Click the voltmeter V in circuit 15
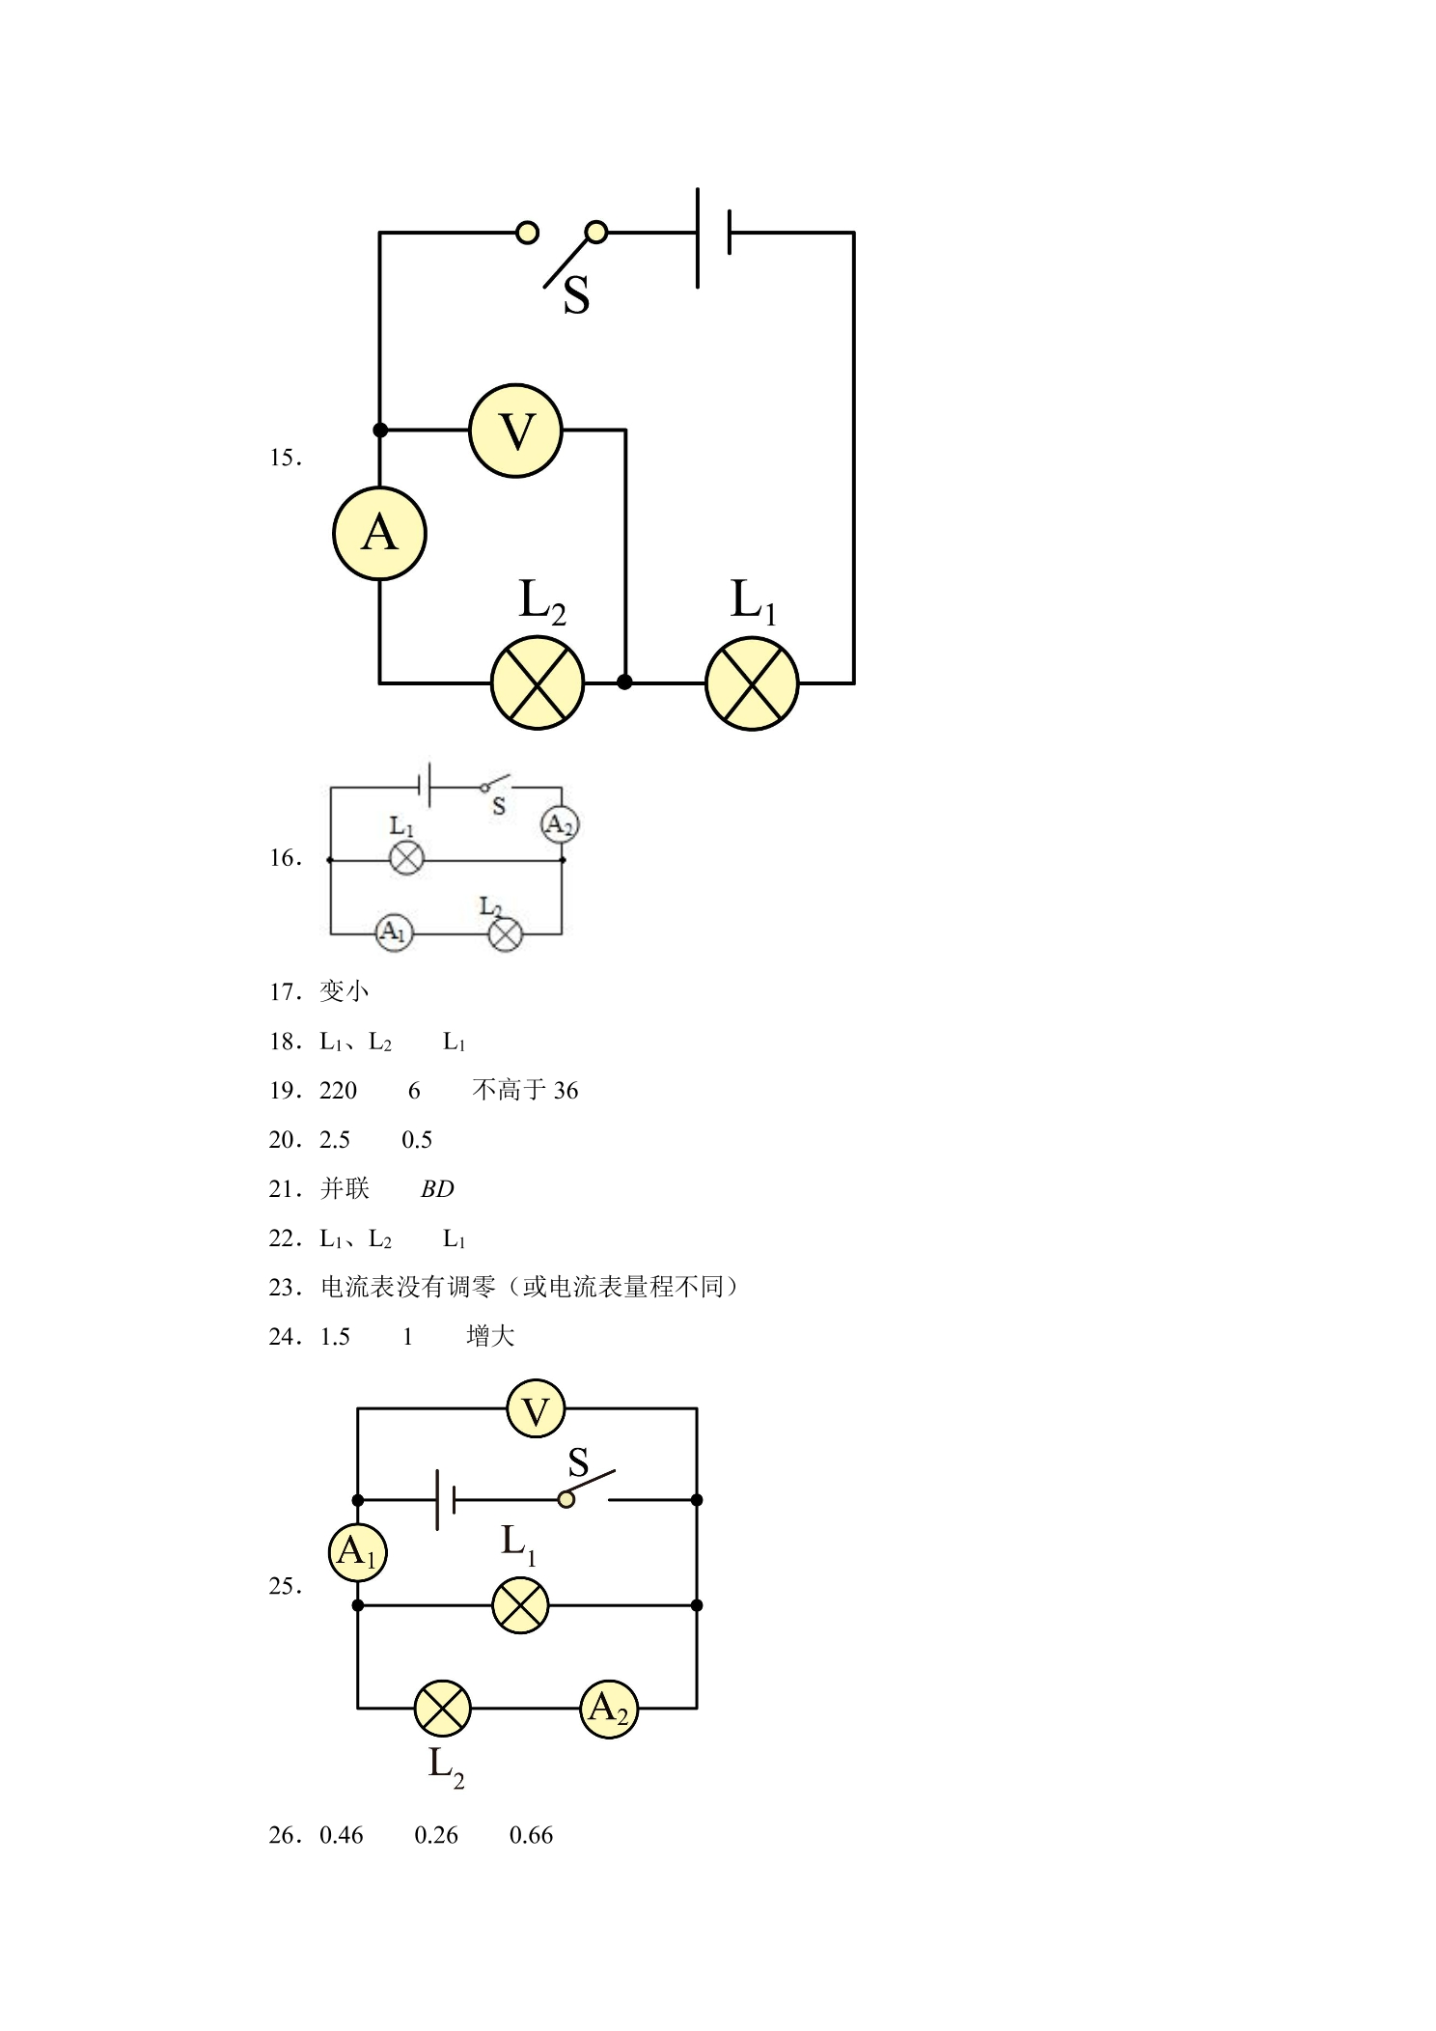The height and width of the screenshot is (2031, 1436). pyautogui.click(x=515, y=431)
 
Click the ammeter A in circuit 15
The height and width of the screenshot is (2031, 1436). pyautogui.click(x=379, y=533)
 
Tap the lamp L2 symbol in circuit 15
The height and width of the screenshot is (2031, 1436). pyautogui.click(x=538, y=682)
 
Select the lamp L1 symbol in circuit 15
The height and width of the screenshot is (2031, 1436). pyautogui.click(x=752, y=682)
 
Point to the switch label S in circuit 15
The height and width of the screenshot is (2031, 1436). pyautogui.click(x=576, y=295)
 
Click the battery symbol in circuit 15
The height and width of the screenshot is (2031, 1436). pyautogui.click(x=713, y=237)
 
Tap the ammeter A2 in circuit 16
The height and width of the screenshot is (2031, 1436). pyautogui.click(x=560, y=824)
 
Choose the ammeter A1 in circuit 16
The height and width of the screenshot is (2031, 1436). pyautogui.click(x=394, y=932)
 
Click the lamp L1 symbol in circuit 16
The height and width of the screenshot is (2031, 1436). pyautogui.click(x=406, y=858)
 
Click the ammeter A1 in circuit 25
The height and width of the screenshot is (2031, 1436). pyautogui.click(x=358, y=1552)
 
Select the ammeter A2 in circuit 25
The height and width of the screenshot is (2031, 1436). pyautogui.click(x=609, y=1709)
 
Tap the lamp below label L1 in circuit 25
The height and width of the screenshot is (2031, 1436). pyautogui.click(x=520, y=1605)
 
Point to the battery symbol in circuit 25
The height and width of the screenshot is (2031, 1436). pyautogui.click(x=446, y=1499)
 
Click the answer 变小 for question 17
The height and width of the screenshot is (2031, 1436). pyautogui.click(x=345, y=991)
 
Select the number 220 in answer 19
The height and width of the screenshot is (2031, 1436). pyautogui.click(x=338, y=1091)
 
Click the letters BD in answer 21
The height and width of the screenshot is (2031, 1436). pyautogui.click(x=437, y=1189)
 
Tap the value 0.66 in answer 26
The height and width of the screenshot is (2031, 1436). pyautogui.click(x=531, y=1836)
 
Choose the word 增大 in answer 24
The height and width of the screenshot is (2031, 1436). pyautogui.click(x=490, y=1336)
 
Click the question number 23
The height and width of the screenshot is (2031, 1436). pyautogui.click(x=286, y=1288)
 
